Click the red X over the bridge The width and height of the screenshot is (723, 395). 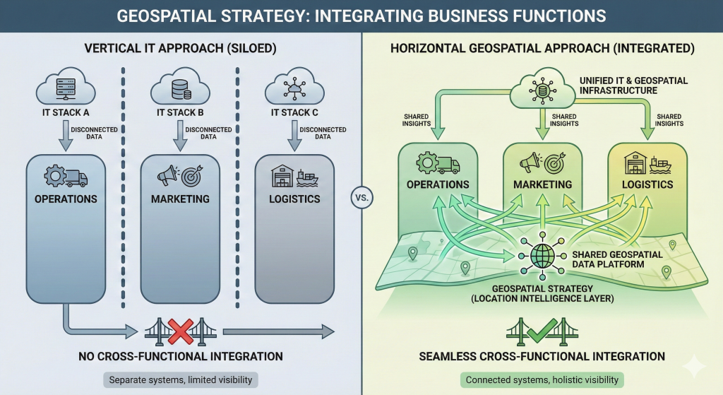pyautogui.click(x=181, y=331)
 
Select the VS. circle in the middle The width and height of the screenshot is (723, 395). pyautogui.click(x=362, y=198)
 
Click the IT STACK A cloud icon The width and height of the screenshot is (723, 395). pyautogui.click(x=66, y=87)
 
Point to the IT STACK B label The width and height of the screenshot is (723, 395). pyautogui.click(x=180, y=112)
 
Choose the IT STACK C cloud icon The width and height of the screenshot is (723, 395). pyautogui.click(x=294, y=87)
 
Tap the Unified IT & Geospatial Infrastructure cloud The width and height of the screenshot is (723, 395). pyautogui.click(x=542, y=88)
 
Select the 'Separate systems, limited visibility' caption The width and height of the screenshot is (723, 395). pyautogui.click(x=180, y=379)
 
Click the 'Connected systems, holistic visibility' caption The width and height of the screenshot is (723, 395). pyautogui.click(x=542, y=379)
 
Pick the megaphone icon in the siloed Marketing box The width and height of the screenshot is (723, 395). pyautogui.click(x=168, y=176)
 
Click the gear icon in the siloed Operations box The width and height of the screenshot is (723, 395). pyautogui.click(x=55, y=175)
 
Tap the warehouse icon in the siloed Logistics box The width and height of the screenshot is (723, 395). pyautogui.click(x=282, y=176)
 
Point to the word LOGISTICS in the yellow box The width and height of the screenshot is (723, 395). pyautogui.click(x=647, y=184)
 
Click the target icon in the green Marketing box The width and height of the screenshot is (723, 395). pyautogui.click(x=555, y=163)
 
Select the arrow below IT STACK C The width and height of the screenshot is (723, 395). pyautogui.click(x=294, y=136)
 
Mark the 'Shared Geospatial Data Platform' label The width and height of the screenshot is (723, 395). pyautogui.click(x=617, y=259)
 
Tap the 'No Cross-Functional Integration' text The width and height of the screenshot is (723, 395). pyautogui.click(x=180, y=356)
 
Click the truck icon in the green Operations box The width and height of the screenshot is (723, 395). pyautogui.click(x=448, y=165)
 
